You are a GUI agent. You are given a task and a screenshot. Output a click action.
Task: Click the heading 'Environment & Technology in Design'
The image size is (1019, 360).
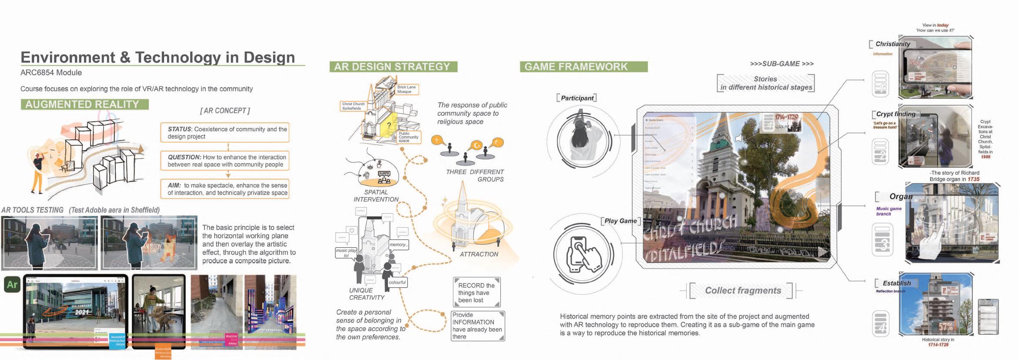coord(158,57)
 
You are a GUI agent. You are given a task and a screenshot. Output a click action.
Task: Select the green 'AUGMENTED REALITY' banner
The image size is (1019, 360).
coord(82,104)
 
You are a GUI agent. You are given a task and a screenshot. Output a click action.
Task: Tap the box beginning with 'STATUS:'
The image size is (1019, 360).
coord(225,133)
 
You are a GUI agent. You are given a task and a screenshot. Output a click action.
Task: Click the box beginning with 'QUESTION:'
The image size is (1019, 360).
coord(225,161)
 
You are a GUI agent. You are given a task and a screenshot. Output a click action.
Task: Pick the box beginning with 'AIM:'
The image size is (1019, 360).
coord(225,189)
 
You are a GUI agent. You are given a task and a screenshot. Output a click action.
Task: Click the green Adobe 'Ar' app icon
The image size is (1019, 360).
coord(12,285)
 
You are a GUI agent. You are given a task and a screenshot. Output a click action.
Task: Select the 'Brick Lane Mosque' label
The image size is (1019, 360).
coord(406,89)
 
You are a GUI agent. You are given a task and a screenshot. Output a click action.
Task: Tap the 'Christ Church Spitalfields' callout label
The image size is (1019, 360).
coord(353,106)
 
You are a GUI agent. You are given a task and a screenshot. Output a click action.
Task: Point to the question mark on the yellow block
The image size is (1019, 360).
coord(389,125)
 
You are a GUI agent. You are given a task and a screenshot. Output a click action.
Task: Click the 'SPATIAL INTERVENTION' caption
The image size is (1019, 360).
coord(376,195)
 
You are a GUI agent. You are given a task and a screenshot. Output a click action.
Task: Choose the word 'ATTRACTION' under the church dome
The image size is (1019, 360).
coord(479,254)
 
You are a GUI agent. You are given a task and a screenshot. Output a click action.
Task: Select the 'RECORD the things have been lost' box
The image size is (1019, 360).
coord(476,293)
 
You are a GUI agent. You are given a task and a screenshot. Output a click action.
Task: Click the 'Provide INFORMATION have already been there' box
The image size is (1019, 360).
coord(477,326)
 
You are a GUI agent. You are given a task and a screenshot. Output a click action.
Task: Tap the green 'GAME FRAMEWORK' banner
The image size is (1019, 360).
coord(576,67)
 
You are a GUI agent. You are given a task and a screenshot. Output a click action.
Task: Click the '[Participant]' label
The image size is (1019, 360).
coord(577,98)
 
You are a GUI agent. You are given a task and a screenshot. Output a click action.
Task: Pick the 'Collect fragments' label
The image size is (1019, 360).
coord(743,291)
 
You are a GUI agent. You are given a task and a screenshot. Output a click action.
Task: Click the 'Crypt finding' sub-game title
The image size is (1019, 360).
coord(895,114)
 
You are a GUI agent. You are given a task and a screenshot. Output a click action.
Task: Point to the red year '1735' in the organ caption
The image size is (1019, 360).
coord(973,179)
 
